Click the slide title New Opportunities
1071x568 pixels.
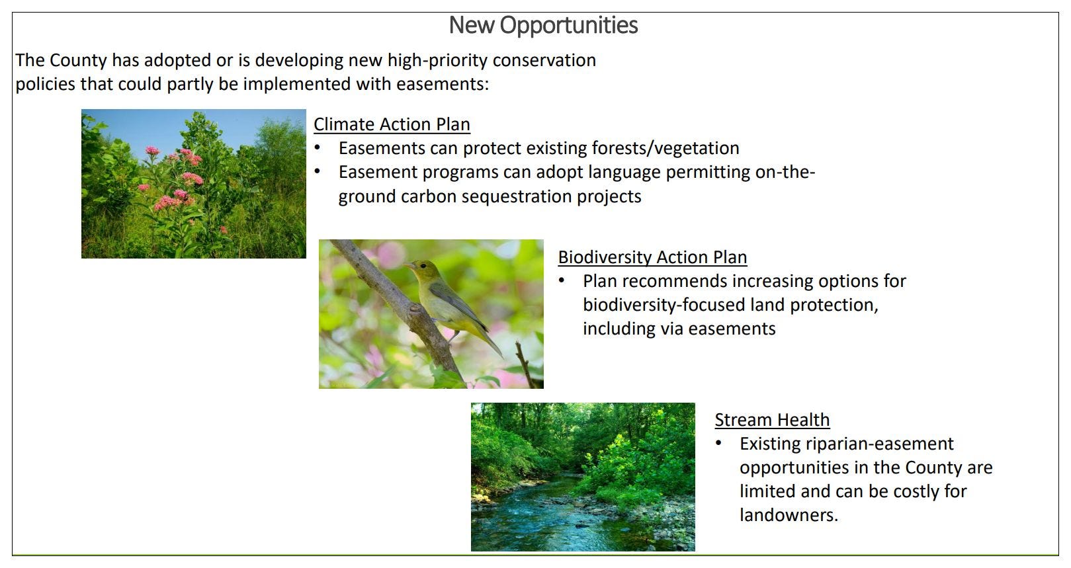click(x=543, y=26)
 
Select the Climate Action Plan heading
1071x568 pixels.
click(x=392, y=124)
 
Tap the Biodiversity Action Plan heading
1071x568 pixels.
click(x=652, y=257)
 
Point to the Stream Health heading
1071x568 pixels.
click(x=772, y=420)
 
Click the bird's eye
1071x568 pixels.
click(x=423, y=265)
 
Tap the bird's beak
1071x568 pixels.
click(x=408, y=264)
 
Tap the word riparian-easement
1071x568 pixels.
click(x=880, y=444)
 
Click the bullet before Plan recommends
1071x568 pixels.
click(x=562, y=280)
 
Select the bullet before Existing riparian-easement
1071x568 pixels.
click(x=718, y=443)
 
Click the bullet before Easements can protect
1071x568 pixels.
click(x=317, y=147)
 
